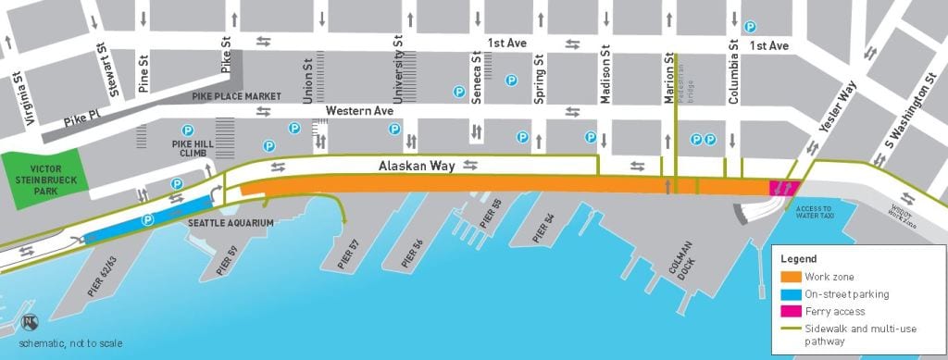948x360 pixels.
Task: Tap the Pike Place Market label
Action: coord(236,95)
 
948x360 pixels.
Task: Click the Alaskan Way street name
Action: coord(416,166)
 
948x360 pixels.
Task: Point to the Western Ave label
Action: coord(359,111)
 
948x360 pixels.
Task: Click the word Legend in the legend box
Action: coord(797,259)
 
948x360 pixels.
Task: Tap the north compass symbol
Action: coord(31,323)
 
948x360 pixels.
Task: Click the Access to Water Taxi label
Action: coord(814,213)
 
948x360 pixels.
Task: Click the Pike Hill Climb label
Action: coord(193,149)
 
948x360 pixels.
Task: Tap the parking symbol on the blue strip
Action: coord(146,220)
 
